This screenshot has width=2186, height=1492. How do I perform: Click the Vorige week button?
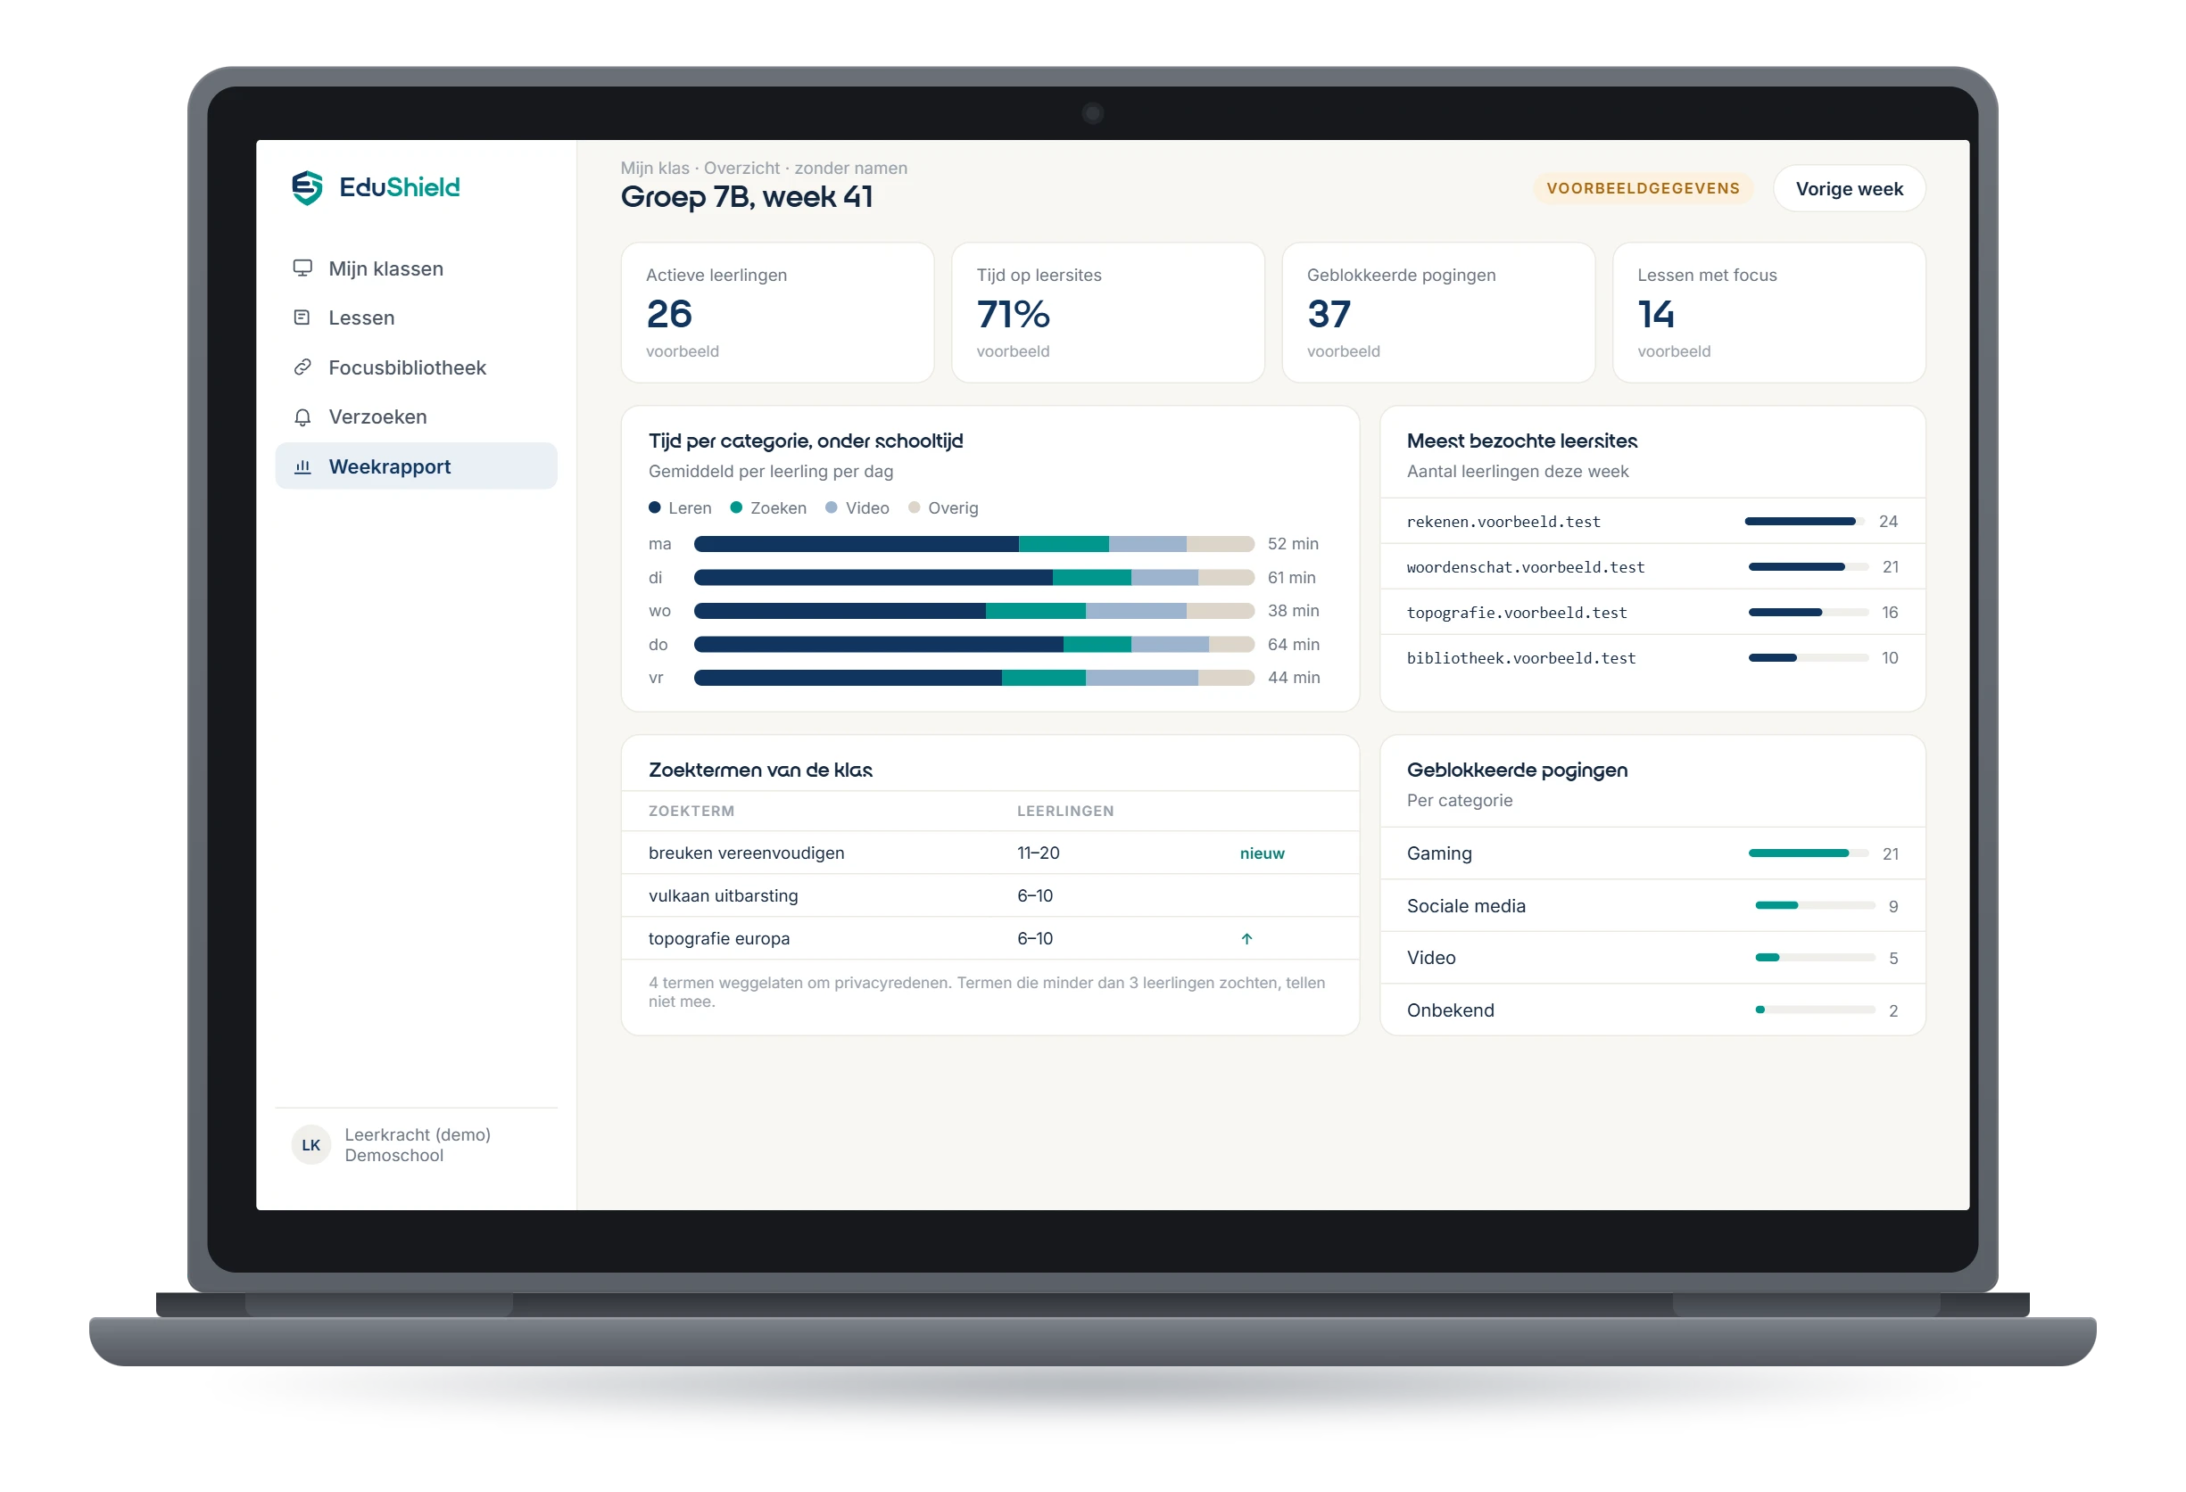pos(1849,189)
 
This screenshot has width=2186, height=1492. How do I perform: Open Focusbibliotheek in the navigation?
pos(406,367)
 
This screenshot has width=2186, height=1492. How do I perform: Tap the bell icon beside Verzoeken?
pos(302,417)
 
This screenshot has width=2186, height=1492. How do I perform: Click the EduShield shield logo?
pos(307,188)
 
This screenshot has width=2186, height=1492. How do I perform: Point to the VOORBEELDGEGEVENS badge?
pos(1643,188)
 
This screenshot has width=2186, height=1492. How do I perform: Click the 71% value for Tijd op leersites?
pos(1012,314)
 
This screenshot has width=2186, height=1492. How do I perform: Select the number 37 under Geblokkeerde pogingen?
pos(1329,314)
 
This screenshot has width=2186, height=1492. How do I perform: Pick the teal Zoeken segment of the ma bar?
pos(1063,543)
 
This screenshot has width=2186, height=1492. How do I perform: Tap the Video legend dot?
pos(831,507)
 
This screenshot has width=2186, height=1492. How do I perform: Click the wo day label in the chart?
pos(659,611)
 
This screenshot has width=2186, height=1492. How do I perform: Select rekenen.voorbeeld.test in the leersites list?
pos(1503,522)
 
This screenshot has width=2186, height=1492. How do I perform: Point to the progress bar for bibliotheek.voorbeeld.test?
pos(1807,658)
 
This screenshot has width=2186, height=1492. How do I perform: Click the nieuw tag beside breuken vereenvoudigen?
pos(1262,853)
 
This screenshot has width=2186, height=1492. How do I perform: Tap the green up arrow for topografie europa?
pos(1246,938)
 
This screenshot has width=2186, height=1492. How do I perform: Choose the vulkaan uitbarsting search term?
pos(723,896)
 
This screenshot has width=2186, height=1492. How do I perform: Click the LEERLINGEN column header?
pos(1064,812)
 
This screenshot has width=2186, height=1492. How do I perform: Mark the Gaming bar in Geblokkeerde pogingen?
pos(1807,853)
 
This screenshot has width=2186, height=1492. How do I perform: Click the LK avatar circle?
pos(311,1145)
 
